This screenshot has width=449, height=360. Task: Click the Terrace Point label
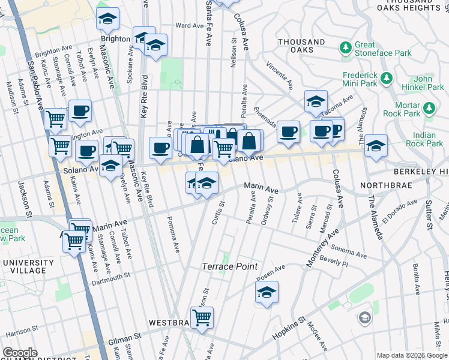[x=229, y=266]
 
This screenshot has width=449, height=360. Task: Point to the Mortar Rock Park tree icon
[x=429, y=108]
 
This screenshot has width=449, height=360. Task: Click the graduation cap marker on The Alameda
[x=376, y=145]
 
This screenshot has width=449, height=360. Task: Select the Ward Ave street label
[x=190, y=26]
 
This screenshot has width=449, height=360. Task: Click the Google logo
[x=20, y=353]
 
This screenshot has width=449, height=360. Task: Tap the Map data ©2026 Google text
[x=411, y=355]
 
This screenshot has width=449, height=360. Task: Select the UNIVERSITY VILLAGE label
[x=28, y=267]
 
